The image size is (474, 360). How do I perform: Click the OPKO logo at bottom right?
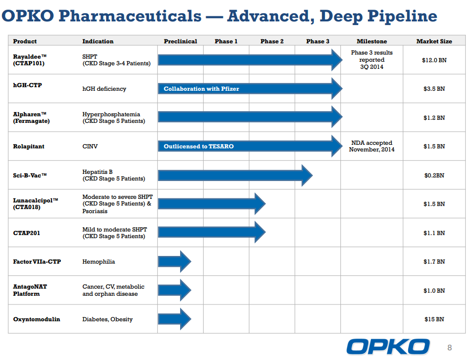[x=388, y=347]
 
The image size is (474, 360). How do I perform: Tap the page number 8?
[x=450, y=348]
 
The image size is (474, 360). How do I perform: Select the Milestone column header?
[x=371, y=41]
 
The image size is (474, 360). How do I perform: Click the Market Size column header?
[x=434, y=41]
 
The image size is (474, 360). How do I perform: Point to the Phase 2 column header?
[x=272, y=41]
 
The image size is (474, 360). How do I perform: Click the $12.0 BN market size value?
[x=434, y=60]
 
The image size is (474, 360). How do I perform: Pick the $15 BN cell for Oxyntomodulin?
[x=434, y=319]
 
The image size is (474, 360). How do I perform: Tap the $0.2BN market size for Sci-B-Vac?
[x=434, y=175]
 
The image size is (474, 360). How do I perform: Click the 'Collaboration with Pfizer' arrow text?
[x=201, y=89]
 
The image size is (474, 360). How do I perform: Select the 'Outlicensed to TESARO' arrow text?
[x=198, y=146]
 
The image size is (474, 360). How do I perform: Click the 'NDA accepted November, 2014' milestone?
[x=371, y=146]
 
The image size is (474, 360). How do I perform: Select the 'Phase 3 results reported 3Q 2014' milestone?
[x=371, y=60]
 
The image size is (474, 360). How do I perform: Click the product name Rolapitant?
[x=29, y=146]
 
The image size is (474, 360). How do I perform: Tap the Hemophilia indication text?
[x=98, y=262]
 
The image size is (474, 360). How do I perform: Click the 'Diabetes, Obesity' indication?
[x=107, y=319]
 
